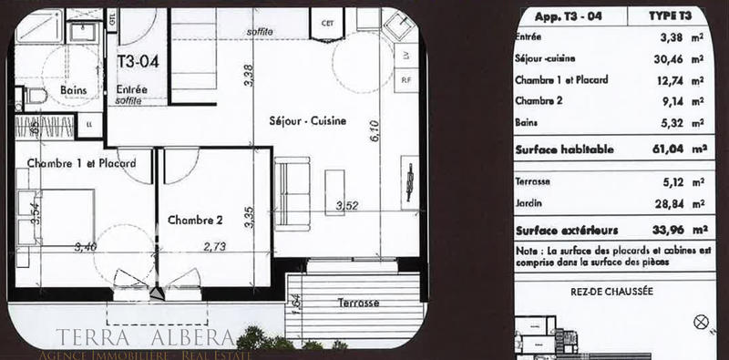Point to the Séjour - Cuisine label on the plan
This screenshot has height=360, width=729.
click(307, 121)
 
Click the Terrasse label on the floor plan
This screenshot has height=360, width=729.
click(357, 301)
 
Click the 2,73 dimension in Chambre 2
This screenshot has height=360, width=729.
click(215, 246)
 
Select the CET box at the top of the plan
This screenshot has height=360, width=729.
click(325, 23)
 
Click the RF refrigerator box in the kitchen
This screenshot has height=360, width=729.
click(405, 79)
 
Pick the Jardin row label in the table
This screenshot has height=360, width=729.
click(529, 201)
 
